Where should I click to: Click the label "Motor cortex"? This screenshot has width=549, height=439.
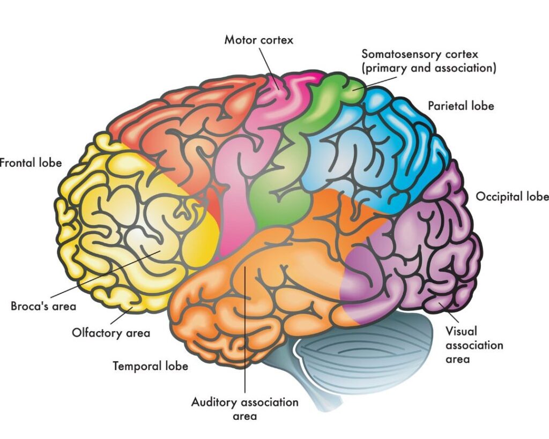259,40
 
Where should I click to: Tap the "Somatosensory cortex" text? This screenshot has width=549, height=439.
419,54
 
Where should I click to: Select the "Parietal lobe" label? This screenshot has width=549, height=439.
461,106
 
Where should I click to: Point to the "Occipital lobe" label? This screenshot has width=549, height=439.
512,197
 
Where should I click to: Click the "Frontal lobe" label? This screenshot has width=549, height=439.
31,162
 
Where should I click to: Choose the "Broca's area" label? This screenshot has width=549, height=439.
43,307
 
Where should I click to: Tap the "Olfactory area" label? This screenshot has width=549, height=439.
111,333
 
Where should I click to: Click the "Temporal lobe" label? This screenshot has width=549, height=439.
150,366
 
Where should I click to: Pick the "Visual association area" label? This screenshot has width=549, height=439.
474,345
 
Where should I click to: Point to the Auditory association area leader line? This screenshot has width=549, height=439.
244,332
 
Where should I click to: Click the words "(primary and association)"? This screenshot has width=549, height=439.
428,69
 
